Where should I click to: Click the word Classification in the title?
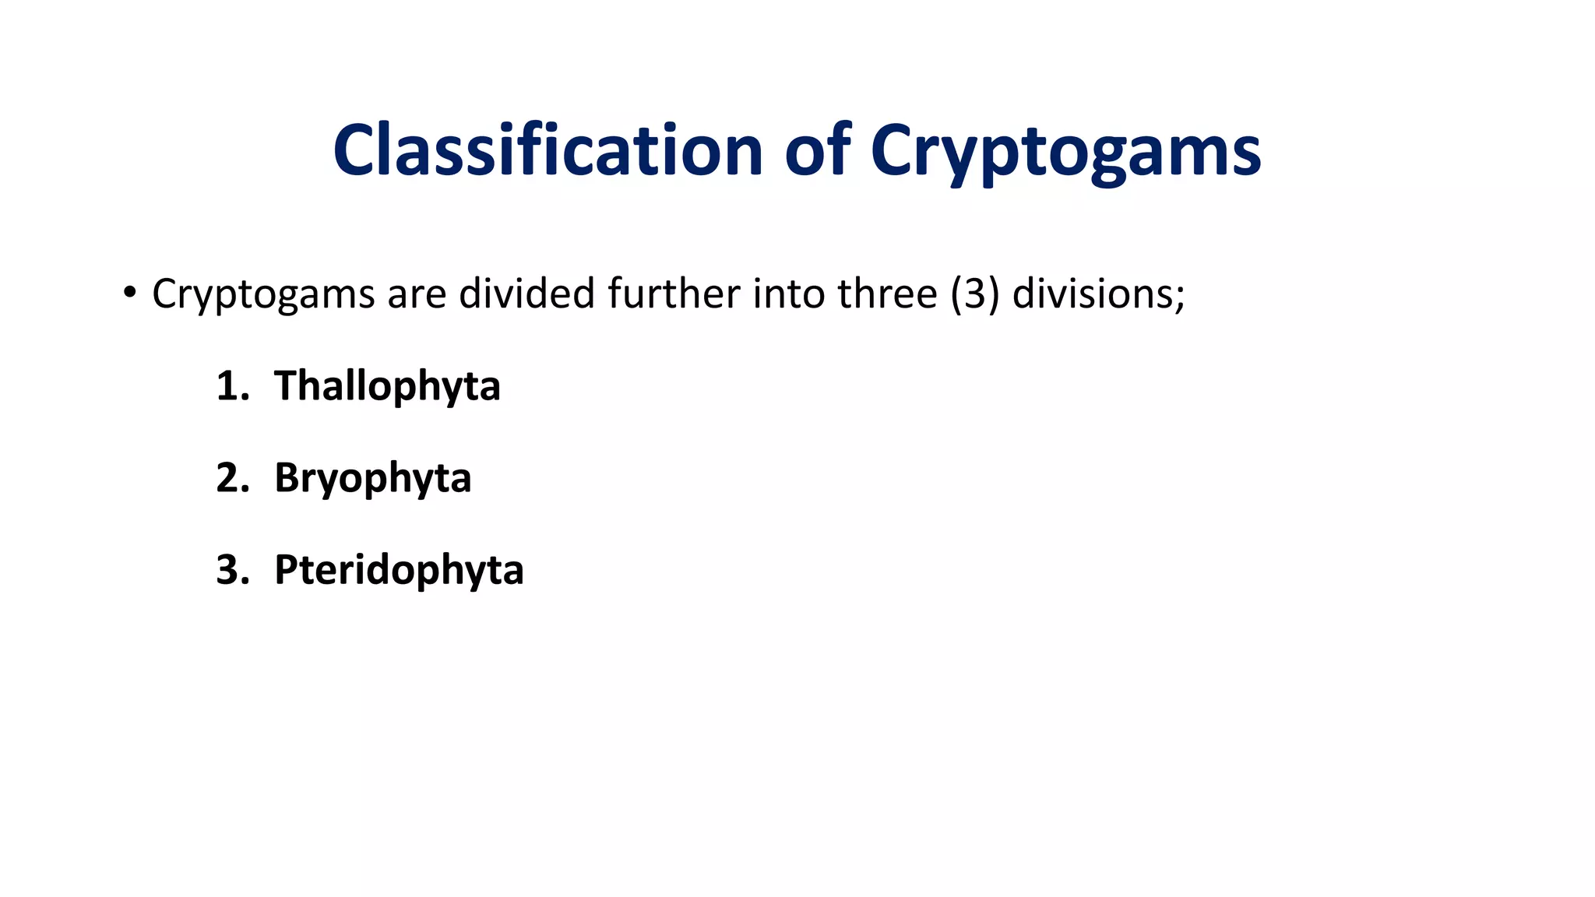tap(548, 150)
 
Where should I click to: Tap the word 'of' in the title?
tap(817, 150)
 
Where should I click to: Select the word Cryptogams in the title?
tap(1065, 152)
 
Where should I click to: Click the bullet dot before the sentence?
tap(129, 294)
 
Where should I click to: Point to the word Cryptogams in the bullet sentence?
tap(263, 295)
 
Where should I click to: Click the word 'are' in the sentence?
tap(416, 294)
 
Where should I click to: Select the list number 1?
tap(231, 386)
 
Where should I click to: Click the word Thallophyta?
tap(387, 387)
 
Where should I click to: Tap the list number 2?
tap(231, 478)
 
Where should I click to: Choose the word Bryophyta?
tap(372, 479)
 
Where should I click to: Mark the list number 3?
tap(231, 570)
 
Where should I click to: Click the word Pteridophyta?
tap(399, 571)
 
